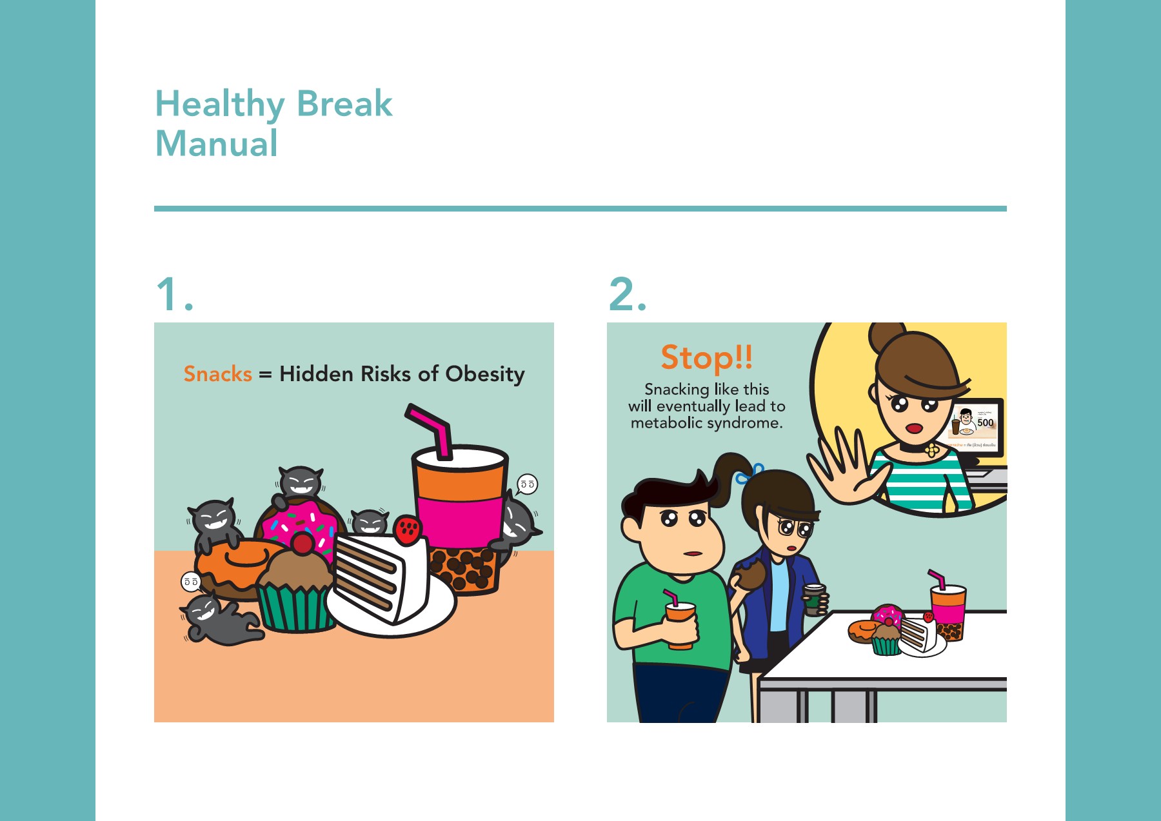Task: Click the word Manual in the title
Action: pyautogui.click(x=217, y=143)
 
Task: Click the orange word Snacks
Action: pyautogui.click(x=217, y=374)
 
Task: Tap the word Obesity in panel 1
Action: pyautogui.click(x=485, y=374)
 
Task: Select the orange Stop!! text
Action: pyautogui.click(x=706, y=357)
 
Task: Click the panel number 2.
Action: pyautogui.click(x=626, y=295)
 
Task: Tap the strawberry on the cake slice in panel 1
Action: pyautogui.click(x=408, y=529)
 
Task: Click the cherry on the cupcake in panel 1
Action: pyautogui.click(x=302, y=543)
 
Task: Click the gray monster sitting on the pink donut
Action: pyautogui.click(x=299, y=485)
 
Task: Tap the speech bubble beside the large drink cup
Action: pyautogui.click(x=527, y=484)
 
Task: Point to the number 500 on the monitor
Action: pyautogui.click(x=985, y=423)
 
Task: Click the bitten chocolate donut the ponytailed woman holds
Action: pyautogui.click(x=749, y=574)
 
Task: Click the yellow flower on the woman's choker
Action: pyautogui.click(x=931, y=450)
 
